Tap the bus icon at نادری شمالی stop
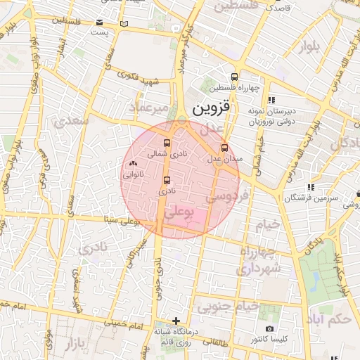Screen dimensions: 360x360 click(167, 143)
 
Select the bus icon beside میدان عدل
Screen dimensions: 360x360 click(224, 148)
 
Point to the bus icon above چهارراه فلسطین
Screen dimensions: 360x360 click(234, 77)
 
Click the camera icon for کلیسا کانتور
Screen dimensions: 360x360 click(269, 328)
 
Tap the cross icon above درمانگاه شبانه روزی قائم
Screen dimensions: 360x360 click(176, 321)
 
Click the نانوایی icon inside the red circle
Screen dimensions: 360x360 click(132, 164)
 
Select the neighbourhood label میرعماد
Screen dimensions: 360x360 click(149, 108)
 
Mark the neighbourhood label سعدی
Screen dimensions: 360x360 click(76, 120)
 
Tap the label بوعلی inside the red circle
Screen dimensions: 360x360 click(179, 212)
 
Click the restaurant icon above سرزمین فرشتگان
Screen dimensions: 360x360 click(310, 188)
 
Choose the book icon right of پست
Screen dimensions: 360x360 click(124, 24)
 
